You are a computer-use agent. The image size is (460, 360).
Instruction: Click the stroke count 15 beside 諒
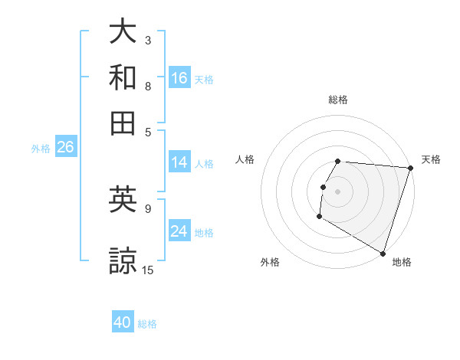click(x=149, y=270)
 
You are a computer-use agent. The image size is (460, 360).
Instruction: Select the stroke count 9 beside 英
click(x=148, y=208)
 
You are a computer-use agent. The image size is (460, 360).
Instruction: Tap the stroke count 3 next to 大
click(x=148, y=40)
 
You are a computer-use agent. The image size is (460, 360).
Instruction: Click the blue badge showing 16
click(x=179, y=78)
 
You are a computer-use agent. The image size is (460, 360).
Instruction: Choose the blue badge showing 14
click(x=179, y=162)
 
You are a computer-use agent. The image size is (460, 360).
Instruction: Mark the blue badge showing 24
click(x=179, y=231)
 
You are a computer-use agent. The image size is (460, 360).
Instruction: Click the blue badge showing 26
click(x=65, y=148)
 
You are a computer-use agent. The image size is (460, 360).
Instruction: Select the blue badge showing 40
click(x=123, y=322)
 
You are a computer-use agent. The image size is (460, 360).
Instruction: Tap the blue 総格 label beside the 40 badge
click(x=147, y=324)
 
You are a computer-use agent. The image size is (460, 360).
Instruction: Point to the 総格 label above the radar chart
click(x=338, y=100)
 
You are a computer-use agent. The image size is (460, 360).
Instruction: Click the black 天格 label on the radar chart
click(x=431, y=159)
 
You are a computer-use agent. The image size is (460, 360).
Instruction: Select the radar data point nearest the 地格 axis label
click(x=382, y=253)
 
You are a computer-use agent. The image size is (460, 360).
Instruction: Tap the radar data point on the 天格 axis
click(x=410, y=168)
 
